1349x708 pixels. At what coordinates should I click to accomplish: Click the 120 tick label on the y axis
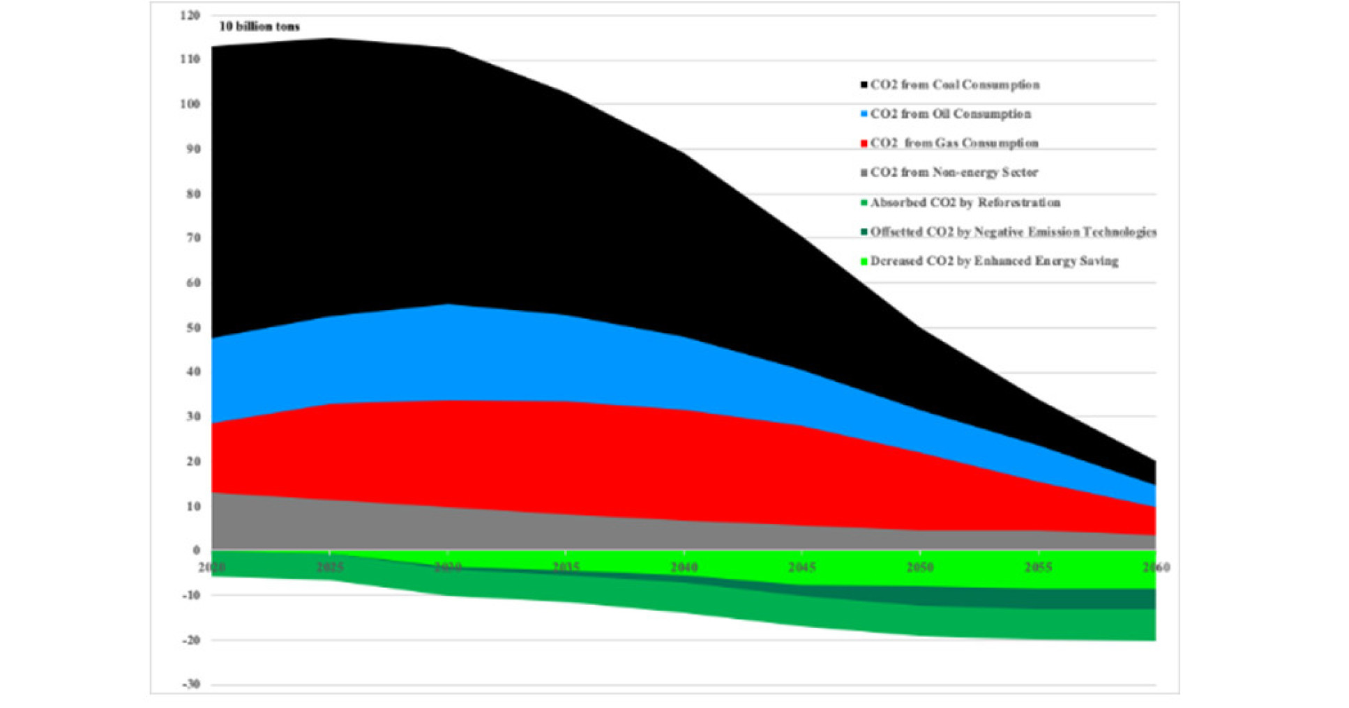click(190, 15)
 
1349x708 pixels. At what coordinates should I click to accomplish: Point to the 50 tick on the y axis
click(193, 328)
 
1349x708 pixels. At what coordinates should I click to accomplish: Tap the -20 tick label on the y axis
click(190, 640)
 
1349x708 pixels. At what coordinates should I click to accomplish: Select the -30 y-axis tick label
click(190, 684)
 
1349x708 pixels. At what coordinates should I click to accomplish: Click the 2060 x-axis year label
click(1156, 567)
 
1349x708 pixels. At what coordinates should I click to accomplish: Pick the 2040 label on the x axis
click(684, 567)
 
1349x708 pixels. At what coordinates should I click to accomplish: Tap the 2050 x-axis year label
click(920, 567)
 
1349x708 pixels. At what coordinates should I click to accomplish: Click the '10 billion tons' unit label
click(259, 26)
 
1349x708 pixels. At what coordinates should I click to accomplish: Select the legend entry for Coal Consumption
click(954, 85)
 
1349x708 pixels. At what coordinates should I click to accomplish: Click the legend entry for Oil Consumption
click(950, 114)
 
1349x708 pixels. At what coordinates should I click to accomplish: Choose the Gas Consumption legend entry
click(954, 144)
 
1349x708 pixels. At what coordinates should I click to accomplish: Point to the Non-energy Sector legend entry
click(954, 173)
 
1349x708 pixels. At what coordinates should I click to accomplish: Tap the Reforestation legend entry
click(965, 203)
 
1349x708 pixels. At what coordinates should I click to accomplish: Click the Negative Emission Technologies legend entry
click(1013, 232)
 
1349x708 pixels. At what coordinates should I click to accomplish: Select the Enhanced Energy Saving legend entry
click(994, 261)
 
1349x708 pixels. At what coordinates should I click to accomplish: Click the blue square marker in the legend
click(864, 114)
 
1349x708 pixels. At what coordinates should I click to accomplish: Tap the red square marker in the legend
click(864, 144)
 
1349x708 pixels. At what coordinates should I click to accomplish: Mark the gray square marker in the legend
click(864, 173)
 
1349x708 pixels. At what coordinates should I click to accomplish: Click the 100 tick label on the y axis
click(190, 105)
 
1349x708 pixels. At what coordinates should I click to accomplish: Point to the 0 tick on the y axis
click(197, 551)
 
